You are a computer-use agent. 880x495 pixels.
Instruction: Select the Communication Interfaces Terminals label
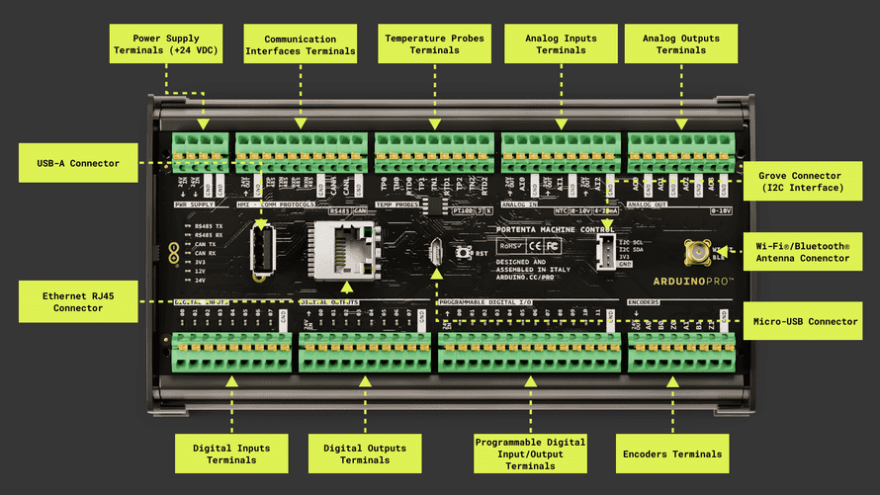300,44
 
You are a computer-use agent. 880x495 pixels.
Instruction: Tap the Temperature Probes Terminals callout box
434,44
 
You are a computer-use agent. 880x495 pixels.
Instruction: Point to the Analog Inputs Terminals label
560,44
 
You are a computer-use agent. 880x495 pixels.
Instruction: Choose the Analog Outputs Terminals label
681,44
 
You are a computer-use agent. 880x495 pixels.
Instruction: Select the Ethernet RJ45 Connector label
78,299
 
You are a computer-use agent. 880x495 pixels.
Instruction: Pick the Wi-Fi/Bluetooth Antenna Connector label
802,250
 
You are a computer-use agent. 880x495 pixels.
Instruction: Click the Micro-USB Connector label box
802,321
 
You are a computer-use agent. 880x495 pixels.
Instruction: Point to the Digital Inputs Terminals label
232,454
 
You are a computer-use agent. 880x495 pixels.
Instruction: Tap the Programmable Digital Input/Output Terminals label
530,454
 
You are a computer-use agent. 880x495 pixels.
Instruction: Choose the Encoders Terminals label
673,454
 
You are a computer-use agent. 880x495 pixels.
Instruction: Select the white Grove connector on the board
606,252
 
